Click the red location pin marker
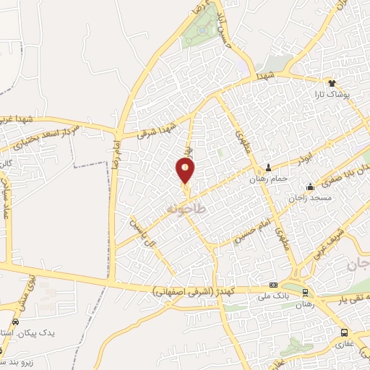[186, 171]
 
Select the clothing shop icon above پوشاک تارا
[333, 83]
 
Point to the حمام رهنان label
[268, 178]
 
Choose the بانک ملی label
[275, 296]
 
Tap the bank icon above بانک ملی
[273, 285]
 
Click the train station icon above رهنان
[306, 293]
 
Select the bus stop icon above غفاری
[344, 333]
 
